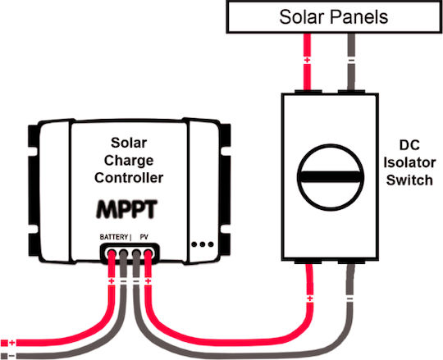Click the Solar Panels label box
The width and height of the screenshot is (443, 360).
pyautogui.click(x=334, y=16)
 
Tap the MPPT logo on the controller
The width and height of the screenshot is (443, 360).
pyautogui.click(x=126, y=209)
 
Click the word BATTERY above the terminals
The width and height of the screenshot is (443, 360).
pyautogui.click(x=114, y=237)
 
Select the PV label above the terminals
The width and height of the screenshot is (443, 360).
pyautogui.click(x=144, y=237)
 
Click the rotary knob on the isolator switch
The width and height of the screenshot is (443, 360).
pyautogui.click(x=331, y=177)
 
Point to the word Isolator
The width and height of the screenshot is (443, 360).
pyautogui.click(x=409, y=163)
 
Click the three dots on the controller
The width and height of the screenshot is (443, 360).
pyautogui.click(x=203, y=244)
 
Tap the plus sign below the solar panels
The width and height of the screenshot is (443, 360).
pyautogui.click(x=307, y=60)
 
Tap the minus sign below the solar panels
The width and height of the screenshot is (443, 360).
pyautogui.click(x=351, y=61)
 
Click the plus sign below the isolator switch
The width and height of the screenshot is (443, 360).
pyautogui.click(x=310, y=298)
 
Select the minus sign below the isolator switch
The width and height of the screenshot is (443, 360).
pyautogui.click(x=349, y=298)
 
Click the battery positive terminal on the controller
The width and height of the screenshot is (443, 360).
pyautogui.click(x=112, y=253)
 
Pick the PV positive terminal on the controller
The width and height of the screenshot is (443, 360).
pyautogui.click(x=148, y=253)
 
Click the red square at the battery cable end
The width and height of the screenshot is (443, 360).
pyautogui.click(x=4, y=343)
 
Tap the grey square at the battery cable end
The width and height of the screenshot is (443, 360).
pyautogui.click(x=4, y=356)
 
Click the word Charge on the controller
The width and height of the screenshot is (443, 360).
pyautogui.click(x=129, y=161)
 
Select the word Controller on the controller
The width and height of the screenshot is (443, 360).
pyautogui.click(x=129, y=178)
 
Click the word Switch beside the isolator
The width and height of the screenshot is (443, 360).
pyautogui.click(x=409, y=180)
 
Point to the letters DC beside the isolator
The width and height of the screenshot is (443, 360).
pyautogui.click(x=409, y=145)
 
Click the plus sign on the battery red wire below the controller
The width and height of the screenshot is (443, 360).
pyautogui.click(x=112, y=281)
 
